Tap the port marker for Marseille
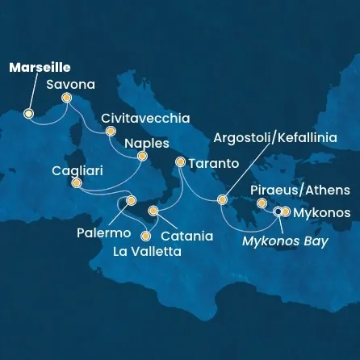28,114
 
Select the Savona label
70,84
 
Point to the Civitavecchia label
145,118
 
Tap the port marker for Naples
142,157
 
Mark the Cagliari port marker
76,183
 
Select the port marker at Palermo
131,200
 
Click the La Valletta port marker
146,237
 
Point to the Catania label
187,237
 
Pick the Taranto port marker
180,162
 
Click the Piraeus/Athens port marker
261,204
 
